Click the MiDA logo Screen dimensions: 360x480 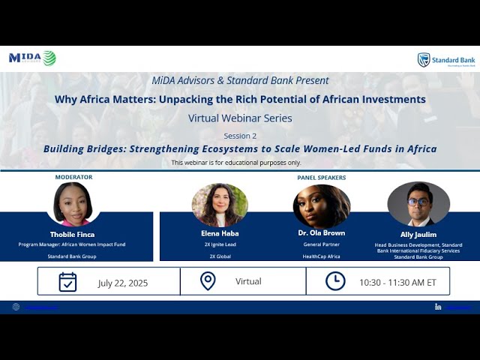[32, 58]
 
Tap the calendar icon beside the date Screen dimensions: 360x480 [67, 282]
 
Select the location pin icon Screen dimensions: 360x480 [208, 281]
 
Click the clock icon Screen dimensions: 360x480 [335, 281]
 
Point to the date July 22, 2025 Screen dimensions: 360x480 [123, 283]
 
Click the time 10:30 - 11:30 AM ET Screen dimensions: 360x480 [397, 282]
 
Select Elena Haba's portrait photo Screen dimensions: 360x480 [220, 205]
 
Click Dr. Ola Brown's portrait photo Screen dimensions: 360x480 [322, 206]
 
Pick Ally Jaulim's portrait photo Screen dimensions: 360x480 [418, 204]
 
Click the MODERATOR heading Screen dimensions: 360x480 [73, 178]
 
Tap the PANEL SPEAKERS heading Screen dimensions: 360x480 [322, 178]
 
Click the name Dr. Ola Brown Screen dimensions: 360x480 [322, 233]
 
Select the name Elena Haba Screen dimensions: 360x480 [220, 233]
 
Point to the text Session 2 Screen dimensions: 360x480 [240, 136]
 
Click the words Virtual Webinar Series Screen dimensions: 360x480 [240, 118]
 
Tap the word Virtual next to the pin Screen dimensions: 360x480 [248, 281]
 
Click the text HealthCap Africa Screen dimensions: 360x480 [322, 256]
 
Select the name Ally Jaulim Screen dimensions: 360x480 [418, 234]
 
